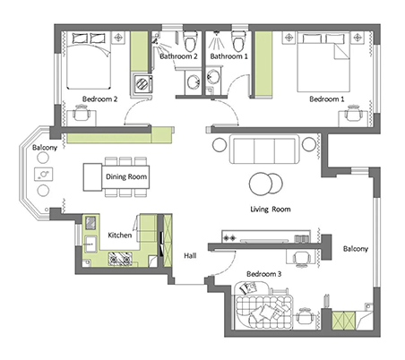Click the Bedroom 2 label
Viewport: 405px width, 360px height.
99,99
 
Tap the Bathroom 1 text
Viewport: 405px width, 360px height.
228,56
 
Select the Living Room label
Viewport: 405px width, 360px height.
271,210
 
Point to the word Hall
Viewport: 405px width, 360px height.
190,255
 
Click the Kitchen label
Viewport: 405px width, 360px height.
119,236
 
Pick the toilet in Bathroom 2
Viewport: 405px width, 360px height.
190,41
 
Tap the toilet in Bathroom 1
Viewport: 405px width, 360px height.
238,41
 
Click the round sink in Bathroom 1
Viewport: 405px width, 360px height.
213,77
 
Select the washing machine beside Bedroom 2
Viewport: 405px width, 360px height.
142,83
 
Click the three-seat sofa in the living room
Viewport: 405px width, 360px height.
264,150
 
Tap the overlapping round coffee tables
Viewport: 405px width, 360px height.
265,184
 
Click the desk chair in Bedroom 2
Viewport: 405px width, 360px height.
82,113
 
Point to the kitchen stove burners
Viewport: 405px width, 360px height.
120,259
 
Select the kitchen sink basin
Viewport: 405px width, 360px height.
90,244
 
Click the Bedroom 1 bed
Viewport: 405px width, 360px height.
323,62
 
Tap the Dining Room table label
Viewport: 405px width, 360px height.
126,176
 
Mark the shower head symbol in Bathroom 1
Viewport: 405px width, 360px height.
217,40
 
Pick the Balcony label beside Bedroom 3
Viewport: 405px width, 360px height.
356,249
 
